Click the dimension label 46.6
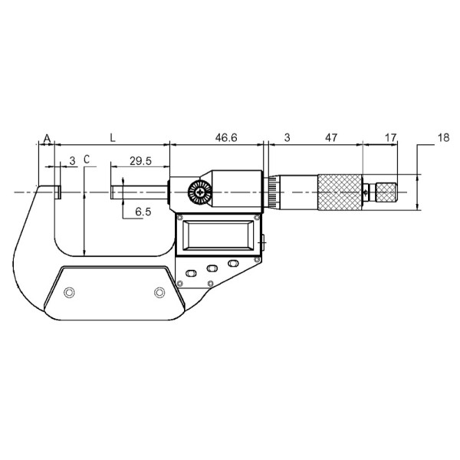(x=226, y=137)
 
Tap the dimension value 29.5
(x=140, y=161)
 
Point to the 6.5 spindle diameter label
(x=143, y=212)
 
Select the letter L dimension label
(x=113, y=138)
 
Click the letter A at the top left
(x=47, y=138)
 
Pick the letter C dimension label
(x=87, y=159)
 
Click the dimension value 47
(x=331, y=137)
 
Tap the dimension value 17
(x=390, y=137)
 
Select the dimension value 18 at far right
(x=443, y=137)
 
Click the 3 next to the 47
(x=287, y=137)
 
